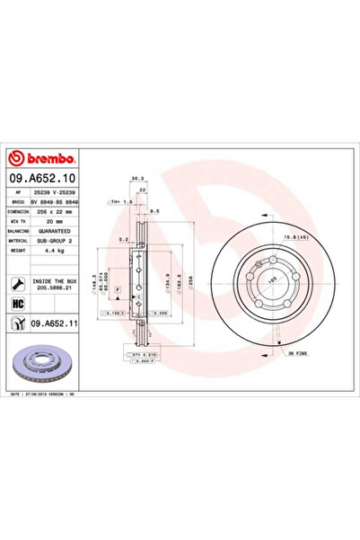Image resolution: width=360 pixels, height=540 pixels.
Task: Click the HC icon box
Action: tap(18, 305)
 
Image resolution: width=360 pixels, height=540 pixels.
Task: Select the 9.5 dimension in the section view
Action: tap(155, 212)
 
